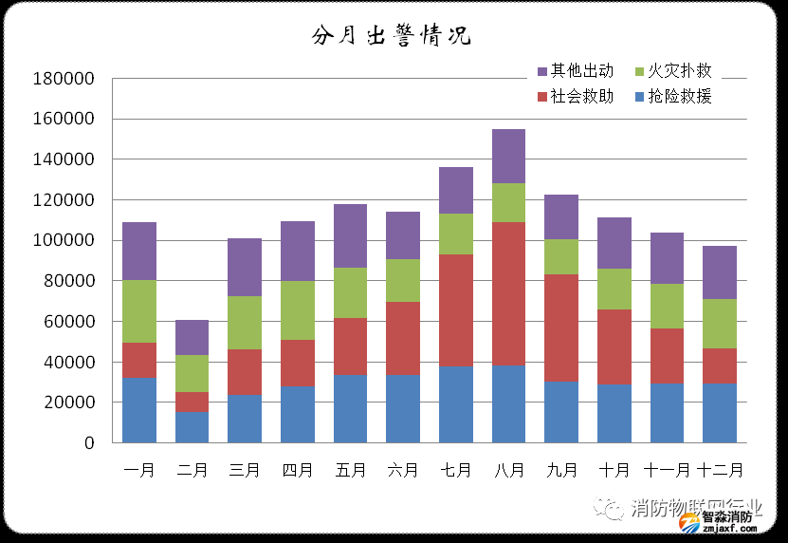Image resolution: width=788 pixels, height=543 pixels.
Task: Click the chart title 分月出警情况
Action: (x=391, y=36)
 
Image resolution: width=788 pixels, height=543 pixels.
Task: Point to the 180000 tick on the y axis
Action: (x=64, y=79)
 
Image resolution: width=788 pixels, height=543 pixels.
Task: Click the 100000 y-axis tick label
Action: (x=64, y=241)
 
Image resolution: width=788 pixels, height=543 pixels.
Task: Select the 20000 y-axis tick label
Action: (x=68, y=403)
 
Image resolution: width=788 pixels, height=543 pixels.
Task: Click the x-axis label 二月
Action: (x=192, y=469)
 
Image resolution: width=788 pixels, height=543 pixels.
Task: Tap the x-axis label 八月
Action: (x=508, y=469)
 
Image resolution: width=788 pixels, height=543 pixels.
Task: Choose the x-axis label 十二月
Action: (x=720, y=469)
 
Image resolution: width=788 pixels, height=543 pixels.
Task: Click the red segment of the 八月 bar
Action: (x=508, y=293)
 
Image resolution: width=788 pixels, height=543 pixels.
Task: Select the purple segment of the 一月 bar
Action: (x=139, y=251)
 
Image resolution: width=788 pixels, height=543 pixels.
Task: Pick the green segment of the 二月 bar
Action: (x=192, y=373)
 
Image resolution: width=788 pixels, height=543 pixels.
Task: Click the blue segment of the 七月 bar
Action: (x=456, y=404)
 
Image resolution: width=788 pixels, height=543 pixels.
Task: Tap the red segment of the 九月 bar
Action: (x=561, y=328)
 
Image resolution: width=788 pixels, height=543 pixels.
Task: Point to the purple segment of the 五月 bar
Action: (x=351, y=235)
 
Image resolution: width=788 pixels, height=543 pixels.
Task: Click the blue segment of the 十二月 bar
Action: (x=720, y=413)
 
